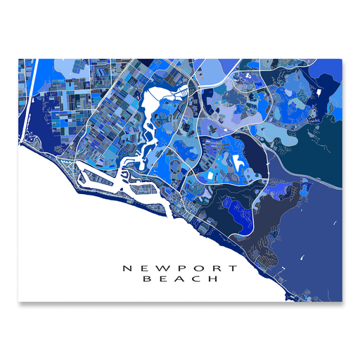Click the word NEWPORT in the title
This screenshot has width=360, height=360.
pos(180,268)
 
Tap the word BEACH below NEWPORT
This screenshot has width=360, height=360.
pos(180,280)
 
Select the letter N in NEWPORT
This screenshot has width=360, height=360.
pos(127,268)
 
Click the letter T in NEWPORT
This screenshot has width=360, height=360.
pos(234,268)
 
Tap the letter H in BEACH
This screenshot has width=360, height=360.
pos(214,280)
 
